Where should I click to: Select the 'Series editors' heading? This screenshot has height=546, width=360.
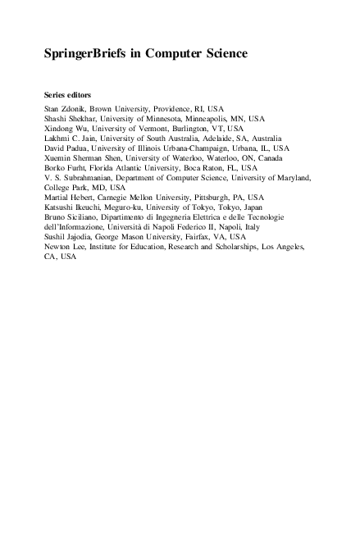pos(67,94)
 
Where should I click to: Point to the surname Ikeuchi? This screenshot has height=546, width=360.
pos(89,207)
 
